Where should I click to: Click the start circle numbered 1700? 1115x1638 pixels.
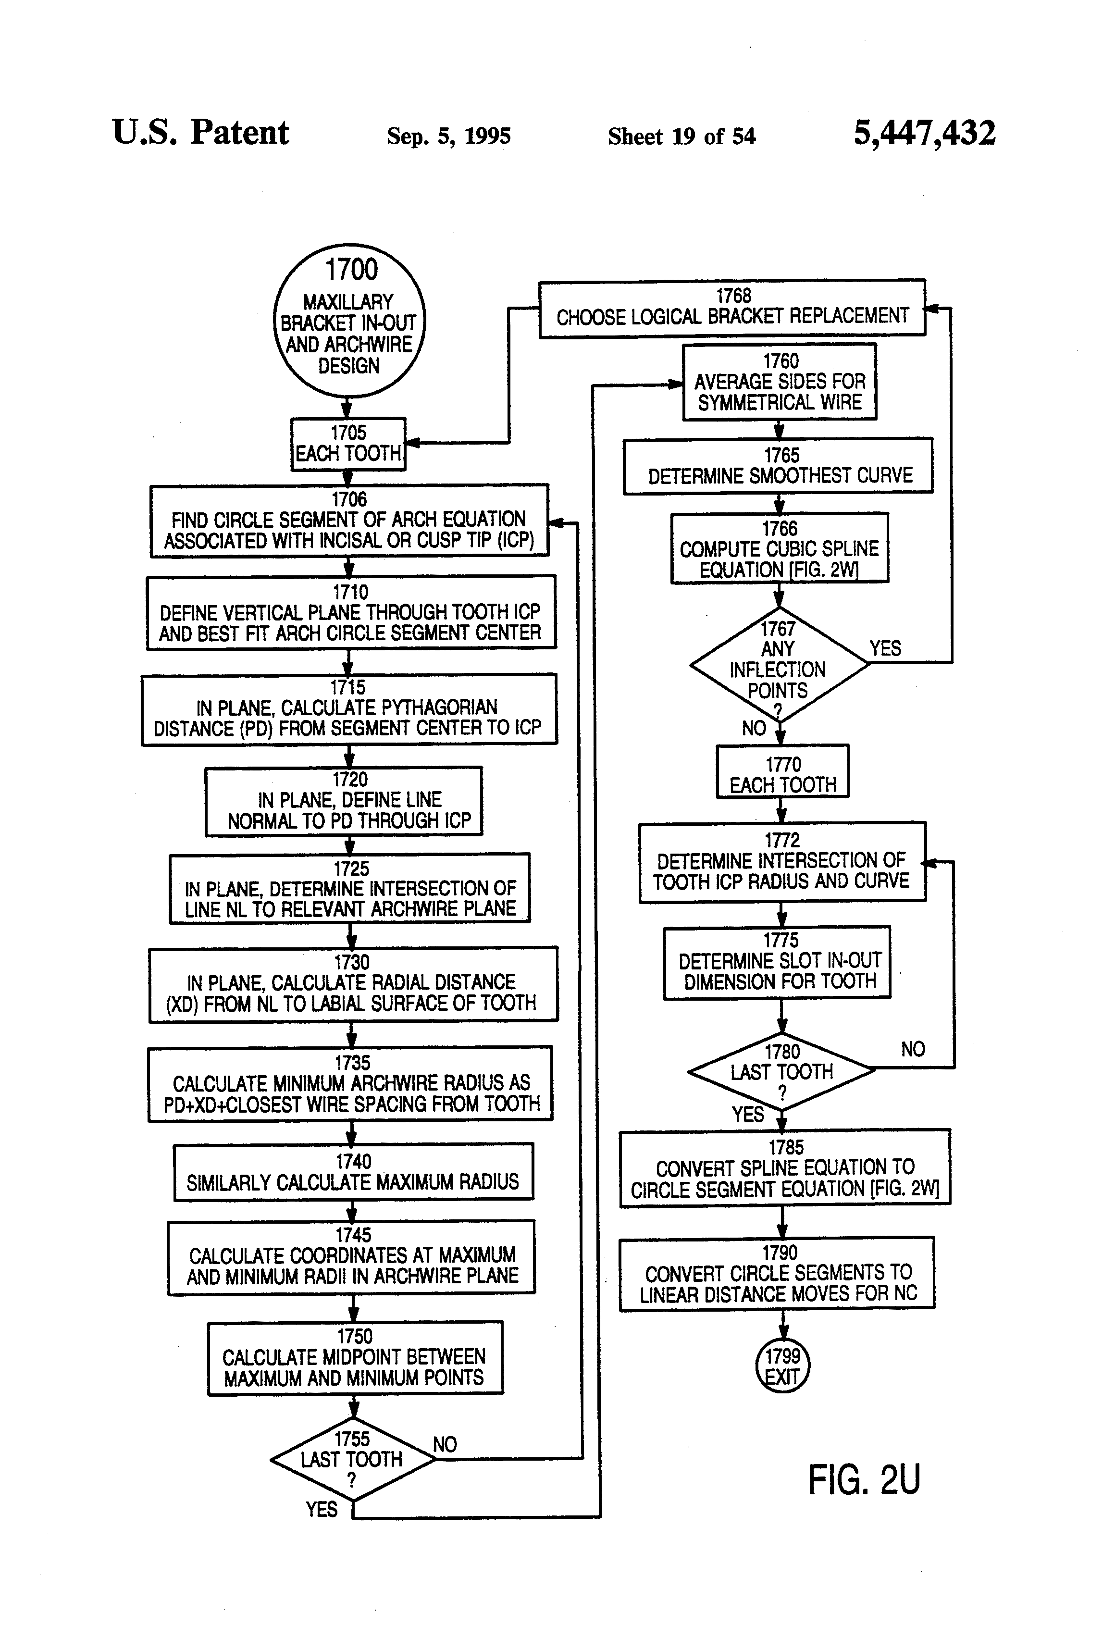pyautogui.click(x=349, y=321)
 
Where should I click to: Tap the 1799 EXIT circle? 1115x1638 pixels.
pyautogui.click(x=782, y=1365)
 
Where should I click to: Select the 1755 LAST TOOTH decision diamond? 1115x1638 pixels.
pyautogui.click(x=352, y=1459)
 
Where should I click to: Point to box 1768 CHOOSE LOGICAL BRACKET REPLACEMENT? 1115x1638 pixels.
pyautogui.click(x=732, y=308)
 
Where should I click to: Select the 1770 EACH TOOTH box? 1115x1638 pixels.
pyautogui.click(x=782, y=771)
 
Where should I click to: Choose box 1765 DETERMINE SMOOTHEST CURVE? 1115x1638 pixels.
pyautogui.click(x=778, y=466)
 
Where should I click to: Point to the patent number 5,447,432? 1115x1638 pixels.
pyautogui.click(x=925, y=133)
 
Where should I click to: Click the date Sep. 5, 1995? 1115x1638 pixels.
pyautogui.click(x=449, y=136)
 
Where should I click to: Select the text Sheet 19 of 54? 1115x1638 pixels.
pyautogui.click(x=681, y=136)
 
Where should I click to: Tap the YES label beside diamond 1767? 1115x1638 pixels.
pyautogui.click(x=885, y=648)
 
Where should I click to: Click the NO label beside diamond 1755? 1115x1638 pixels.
pyautogui.click(x=445, y=1444)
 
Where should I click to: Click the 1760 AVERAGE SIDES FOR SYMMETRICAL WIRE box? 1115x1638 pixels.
pyautogui.click(x=780, y=381)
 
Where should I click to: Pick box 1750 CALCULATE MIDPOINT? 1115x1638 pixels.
pyautogui.click(x=355, y=1357)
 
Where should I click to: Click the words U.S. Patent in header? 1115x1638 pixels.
pyautogui.click(x=201, y=133)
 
